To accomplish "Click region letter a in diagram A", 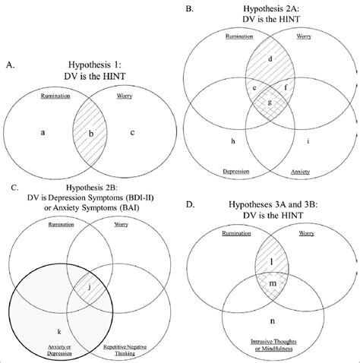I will (x=43, y=132).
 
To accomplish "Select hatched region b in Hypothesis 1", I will (x=93, y=134).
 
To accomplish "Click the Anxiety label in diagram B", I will (x=301, y=171).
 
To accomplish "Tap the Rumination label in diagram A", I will (x=55, y=97).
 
